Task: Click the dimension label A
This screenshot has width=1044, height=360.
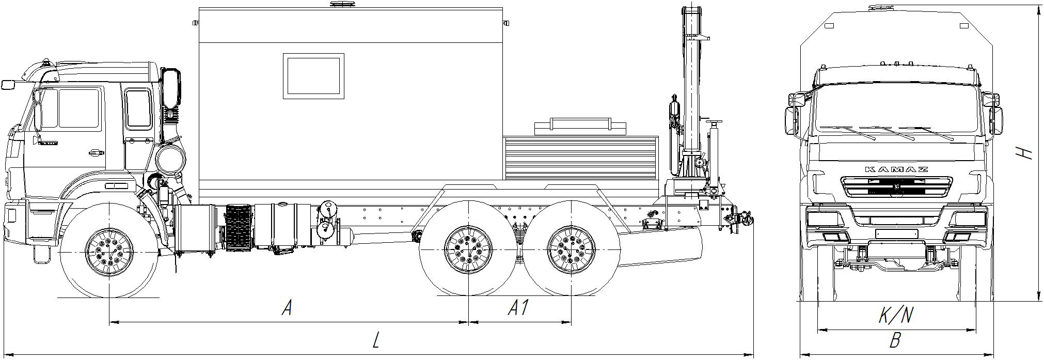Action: coord(288,308)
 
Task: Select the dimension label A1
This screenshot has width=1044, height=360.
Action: coord(518,308)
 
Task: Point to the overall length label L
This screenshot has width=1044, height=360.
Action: coord(376,340)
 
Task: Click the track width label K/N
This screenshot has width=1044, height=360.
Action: coord(896,315)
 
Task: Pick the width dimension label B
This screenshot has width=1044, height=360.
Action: coord(896,341)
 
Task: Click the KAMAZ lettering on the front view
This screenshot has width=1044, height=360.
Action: coord(896,169)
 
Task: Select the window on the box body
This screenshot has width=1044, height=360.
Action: coord(313,75)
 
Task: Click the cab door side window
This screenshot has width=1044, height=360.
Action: coord(78,108)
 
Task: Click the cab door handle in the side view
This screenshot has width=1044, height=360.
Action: coord(95,152)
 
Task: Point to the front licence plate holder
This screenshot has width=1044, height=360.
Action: coord(896,233)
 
